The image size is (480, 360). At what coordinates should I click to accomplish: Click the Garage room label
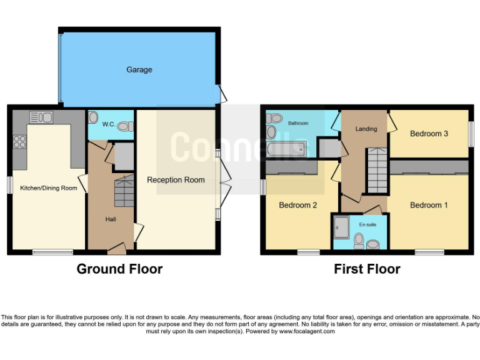point(139,70)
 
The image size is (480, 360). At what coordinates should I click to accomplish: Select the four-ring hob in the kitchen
point(19,142)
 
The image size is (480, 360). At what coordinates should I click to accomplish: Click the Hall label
point(110,219)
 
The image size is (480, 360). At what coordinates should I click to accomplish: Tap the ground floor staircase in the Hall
point(124,191)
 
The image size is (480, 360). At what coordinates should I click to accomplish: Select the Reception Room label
point(176,180)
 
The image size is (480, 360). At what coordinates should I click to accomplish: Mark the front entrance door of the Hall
point(116,250)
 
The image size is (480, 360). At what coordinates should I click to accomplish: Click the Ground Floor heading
point(119,269)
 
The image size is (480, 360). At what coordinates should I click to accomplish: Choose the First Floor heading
point(367,269)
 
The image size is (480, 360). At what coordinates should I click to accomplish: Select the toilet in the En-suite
point(359,240)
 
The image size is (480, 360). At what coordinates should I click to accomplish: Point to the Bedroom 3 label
point(429,133)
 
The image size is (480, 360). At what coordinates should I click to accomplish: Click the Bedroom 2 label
point(297,205)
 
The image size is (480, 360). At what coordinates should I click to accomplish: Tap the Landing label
point(366,129)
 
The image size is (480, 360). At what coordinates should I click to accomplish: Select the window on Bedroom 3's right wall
point(471,134)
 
